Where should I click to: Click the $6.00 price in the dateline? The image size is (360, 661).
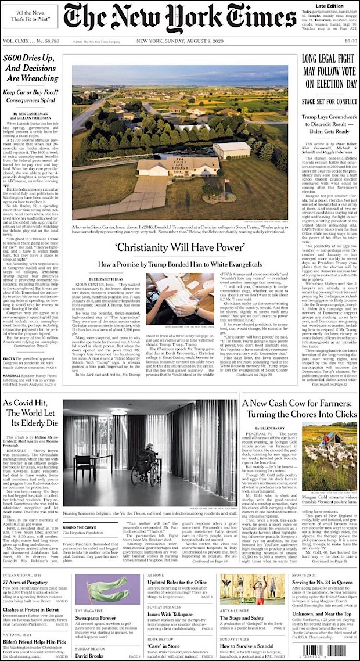[x=350, y=41]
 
